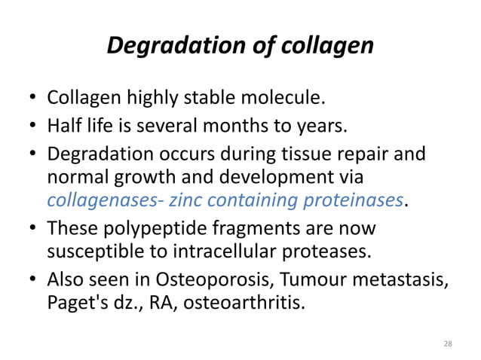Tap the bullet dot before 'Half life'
[x=34, y=126]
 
